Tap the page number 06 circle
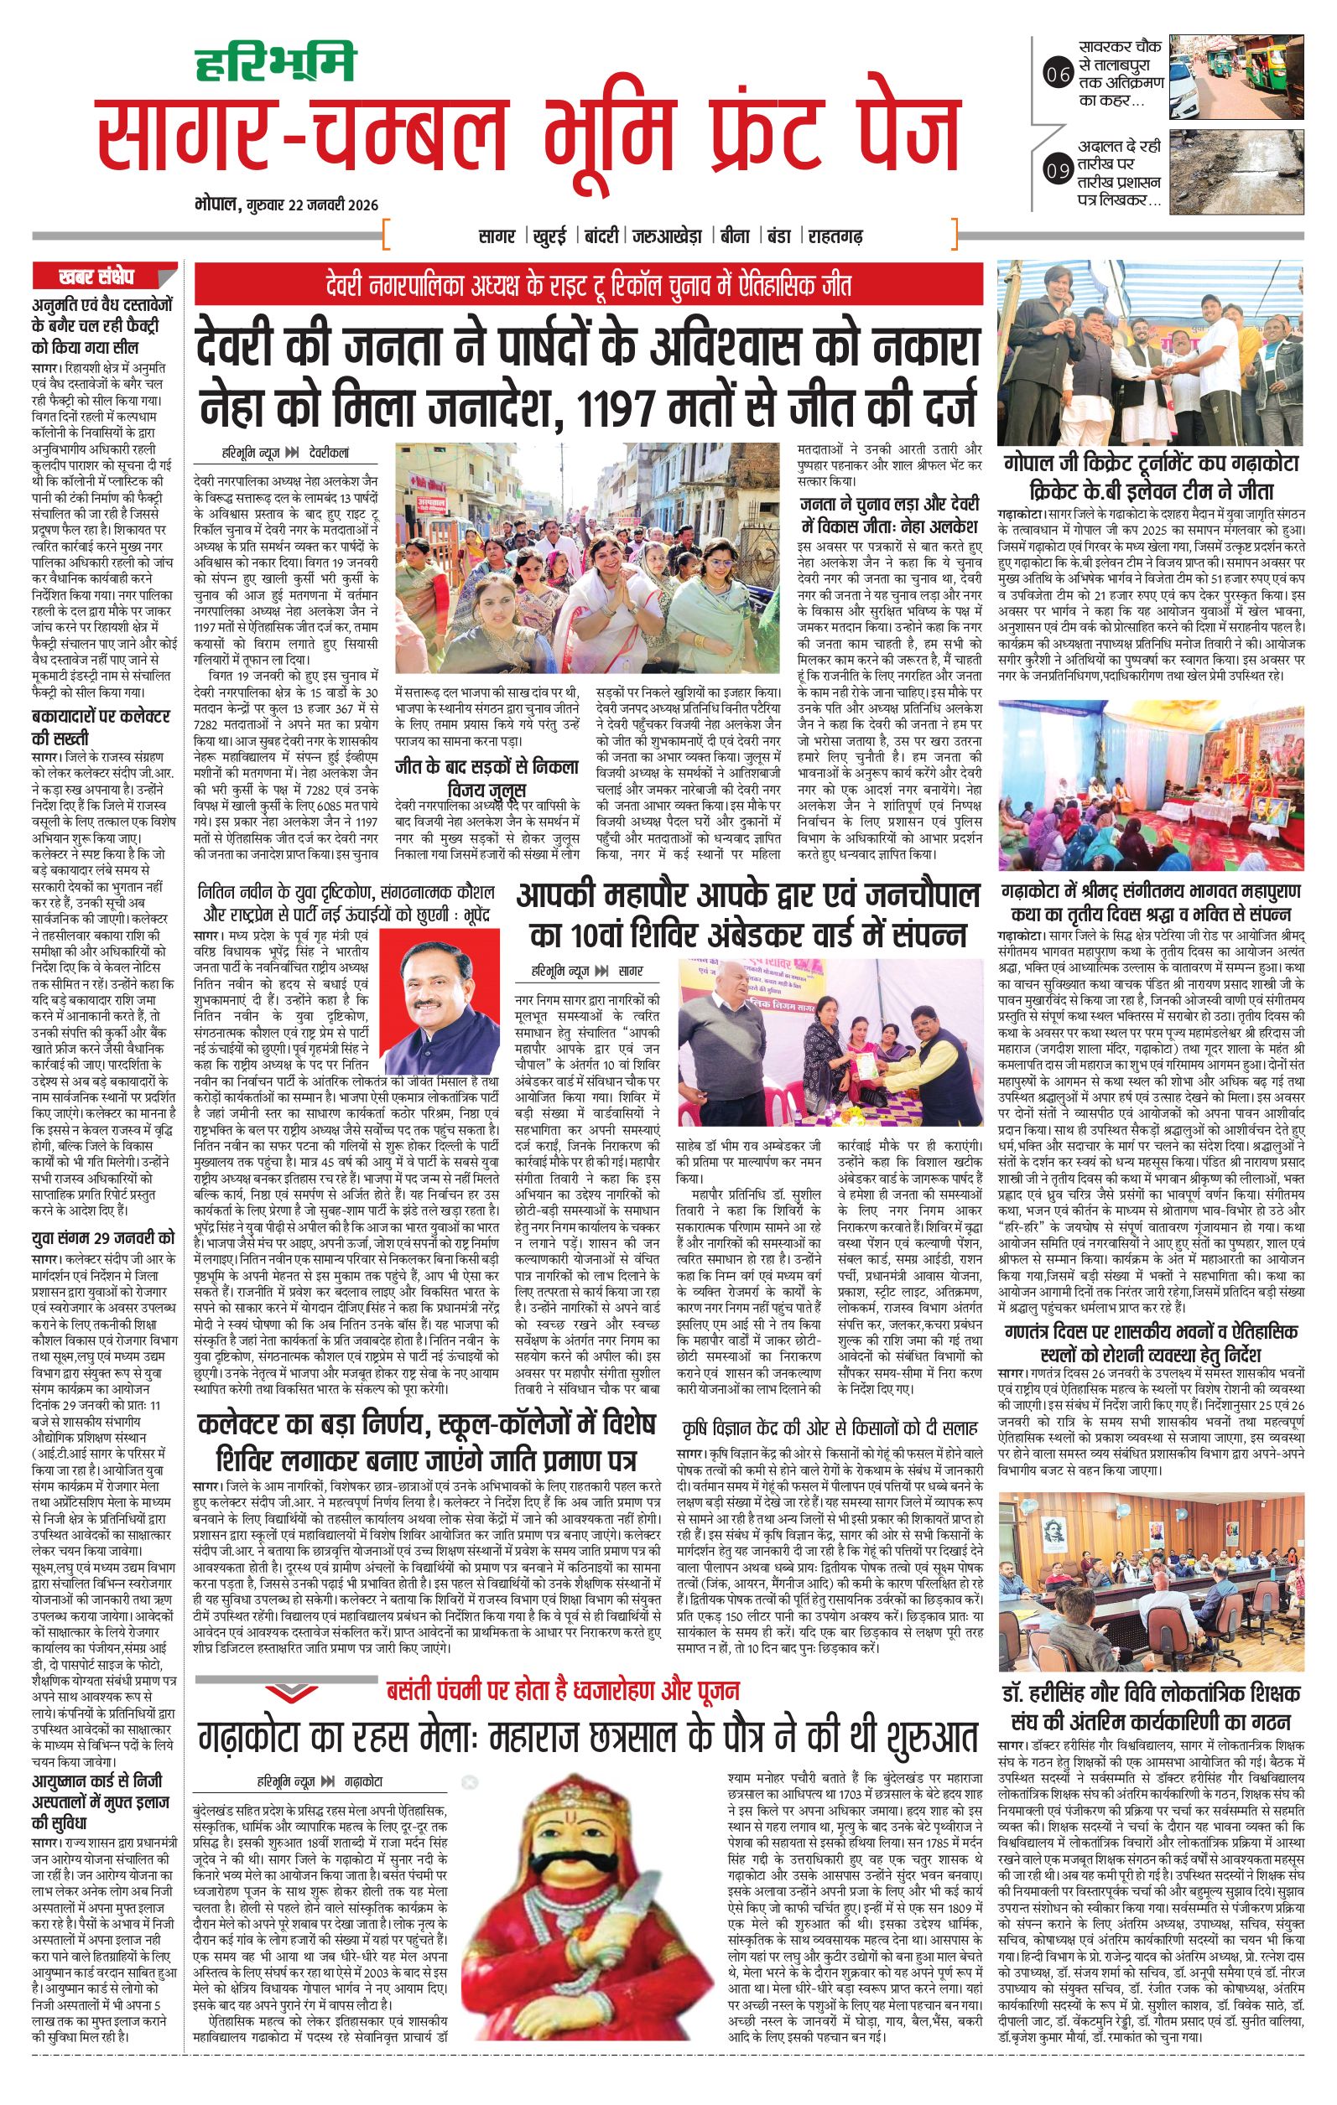(x=1056, y=76)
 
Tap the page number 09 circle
(x=1056, y=170)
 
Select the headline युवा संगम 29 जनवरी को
(x=103, y=1238)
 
